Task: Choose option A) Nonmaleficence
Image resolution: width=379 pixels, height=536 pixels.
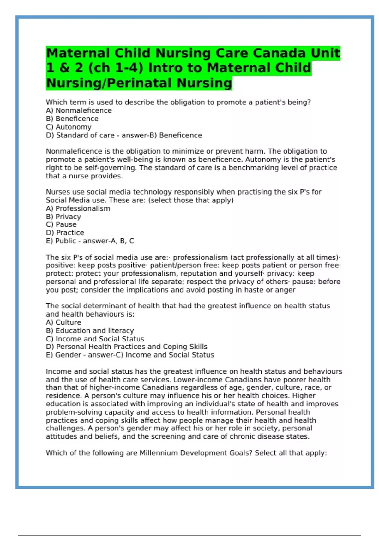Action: point(79,110)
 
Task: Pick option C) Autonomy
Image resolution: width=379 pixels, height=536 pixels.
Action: point(69,127)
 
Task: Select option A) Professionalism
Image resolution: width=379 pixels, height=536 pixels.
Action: point(78,208)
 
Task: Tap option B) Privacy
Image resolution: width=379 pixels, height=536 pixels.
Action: point(63,217)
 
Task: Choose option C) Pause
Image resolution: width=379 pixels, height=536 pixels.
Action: point(61,224)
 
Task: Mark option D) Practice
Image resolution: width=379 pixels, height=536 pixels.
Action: point(65,233)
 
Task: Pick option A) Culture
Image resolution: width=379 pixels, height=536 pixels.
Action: point(63,322)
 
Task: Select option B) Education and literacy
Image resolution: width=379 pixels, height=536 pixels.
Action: point(90,330)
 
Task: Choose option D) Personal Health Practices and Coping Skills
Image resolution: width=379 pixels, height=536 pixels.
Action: point(127,347)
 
